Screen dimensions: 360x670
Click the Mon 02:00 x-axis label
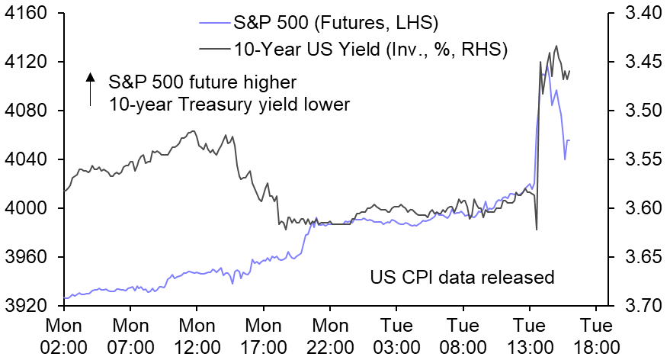(x=63, y=335)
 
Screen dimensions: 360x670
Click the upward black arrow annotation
(x=90, y=88)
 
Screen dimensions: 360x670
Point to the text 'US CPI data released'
(x=462, y=277)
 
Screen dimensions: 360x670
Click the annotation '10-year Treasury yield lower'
(x=229, y=104)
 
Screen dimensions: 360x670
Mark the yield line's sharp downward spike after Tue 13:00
(x=537, y=229)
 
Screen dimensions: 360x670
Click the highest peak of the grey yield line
(x=556, y=46)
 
